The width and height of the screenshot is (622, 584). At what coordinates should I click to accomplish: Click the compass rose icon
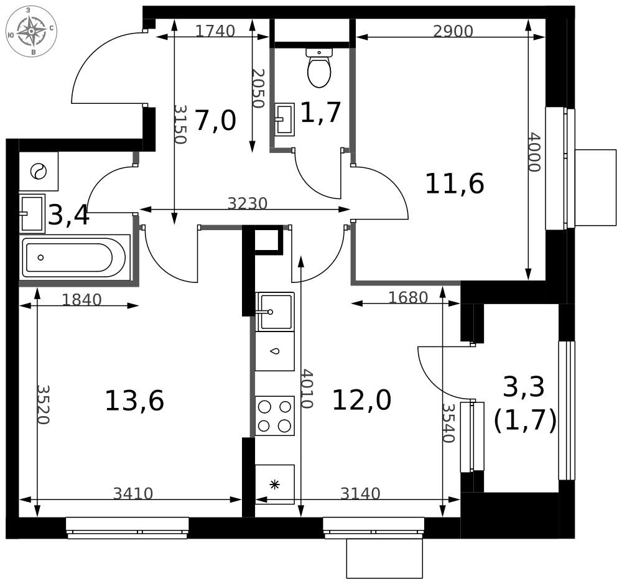coord(31,31)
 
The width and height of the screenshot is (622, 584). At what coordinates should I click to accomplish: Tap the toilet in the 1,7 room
coord(319,68)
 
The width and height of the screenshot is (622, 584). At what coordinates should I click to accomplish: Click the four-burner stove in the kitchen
coord(274,416)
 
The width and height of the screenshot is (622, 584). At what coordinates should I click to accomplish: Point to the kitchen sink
coord(274,312)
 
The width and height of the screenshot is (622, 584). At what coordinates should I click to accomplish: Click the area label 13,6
coord(134,401)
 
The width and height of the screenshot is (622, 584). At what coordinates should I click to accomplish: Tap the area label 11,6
coord(455,184)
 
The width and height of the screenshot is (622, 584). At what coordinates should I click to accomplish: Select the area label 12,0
coord(362,400)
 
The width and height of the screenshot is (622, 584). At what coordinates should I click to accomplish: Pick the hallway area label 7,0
coord(215,121)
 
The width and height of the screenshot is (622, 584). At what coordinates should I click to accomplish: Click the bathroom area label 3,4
coord(68,216)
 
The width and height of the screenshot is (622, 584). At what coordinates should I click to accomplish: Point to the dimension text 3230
coord(248,203)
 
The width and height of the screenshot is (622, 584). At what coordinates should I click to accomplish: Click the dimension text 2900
coord(453,31)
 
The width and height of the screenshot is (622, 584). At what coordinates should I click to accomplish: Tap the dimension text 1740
coord(215,30)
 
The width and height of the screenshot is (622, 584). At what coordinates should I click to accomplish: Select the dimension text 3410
coord(133,494)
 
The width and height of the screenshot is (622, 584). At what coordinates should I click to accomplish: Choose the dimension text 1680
coord(408,297)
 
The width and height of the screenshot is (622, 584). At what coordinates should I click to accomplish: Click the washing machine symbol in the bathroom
coord(39,172)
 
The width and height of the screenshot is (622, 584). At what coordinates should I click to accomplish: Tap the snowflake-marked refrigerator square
coord(274,484)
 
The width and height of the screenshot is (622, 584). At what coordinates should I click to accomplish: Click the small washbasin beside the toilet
coord(285,119)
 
